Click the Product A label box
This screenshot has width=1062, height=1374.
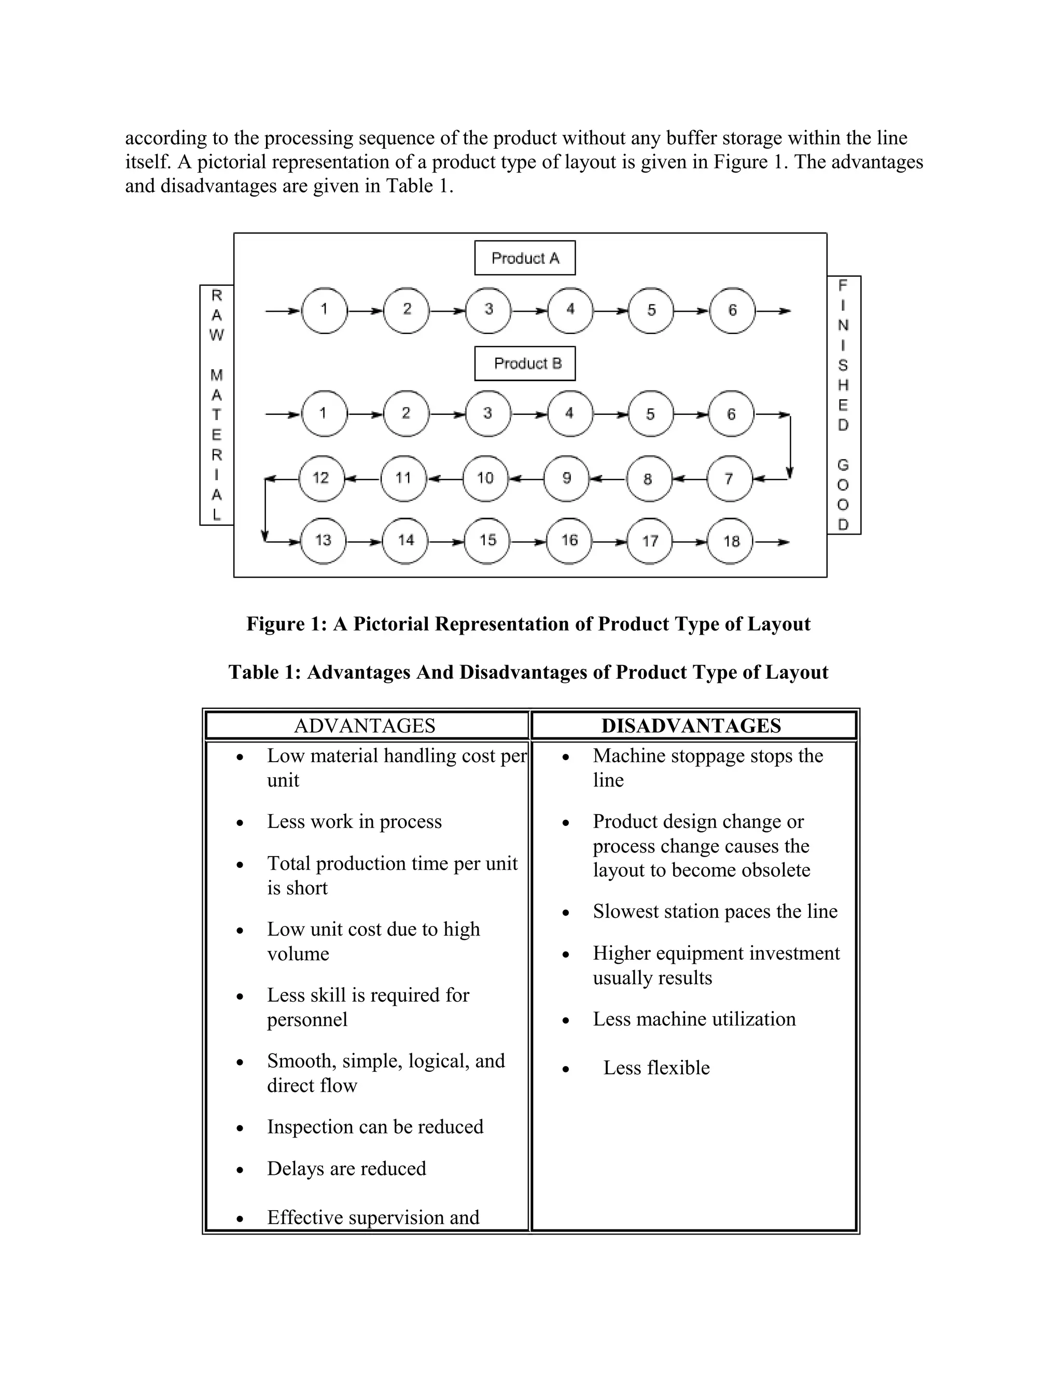point(525,258)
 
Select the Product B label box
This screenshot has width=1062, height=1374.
point(525,363)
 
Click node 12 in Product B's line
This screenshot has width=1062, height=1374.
point(322,478)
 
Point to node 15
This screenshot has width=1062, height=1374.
point(487,540)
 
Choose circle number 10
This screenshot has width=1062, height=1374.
point(485,479)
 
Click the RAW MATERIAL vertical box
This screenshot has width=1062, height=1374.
point(216,404)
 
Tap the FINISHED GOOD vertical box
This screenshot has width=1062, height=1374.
point(843,404)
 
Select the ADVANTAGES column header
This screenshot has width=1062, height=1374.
point(365,726)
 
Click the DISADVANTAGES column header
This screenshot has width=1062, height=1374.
point(691,726)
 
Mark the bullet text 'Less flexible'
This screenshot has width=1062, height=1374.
point(656,1068)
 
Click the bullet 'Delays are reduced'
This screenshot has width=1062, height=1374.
point(346,1168)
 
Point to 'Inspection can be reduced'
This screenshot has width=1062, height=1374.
point(375,1126)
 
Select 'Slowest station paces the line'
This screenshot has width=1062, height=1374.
point(715,911)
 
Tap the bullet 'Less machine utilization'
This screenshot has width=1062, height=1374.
point(694,1018)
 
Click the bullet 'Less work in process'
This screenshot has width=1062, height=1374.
point(354,821)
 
